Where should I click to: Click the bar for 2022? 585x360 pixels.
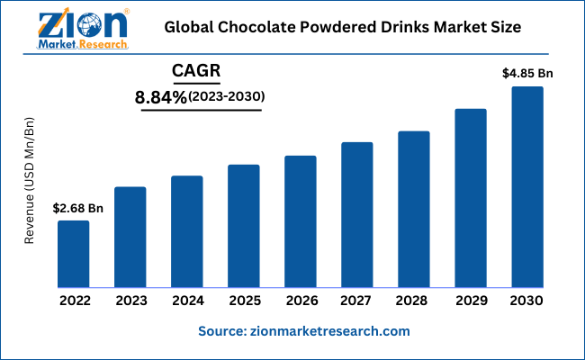point(74,254)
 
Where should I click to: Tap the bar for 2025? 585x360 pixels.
point(243,226)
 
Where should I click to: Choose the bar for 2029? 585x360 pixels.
point(470,198)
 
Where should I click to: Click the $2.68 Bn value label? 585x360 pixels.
point(78,209)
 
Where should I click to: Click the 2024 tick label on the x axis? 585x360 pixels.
point(187,301)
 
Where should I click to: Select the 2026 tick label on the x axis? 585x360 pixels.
point(300,301)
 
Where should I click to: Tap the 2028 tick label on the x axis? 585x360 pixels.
point(413,301)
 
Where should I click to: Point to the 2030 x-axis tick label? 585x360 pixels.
point(527,301)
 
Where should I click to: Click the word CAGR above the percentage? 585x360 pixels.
point(198,70)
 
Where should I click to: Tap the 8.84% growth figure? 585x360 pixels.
point(161,96)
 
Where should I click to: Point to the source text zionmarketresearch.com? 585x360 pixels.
point(304,331)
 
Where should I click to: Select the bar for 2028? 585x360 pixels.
point(413,209)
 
